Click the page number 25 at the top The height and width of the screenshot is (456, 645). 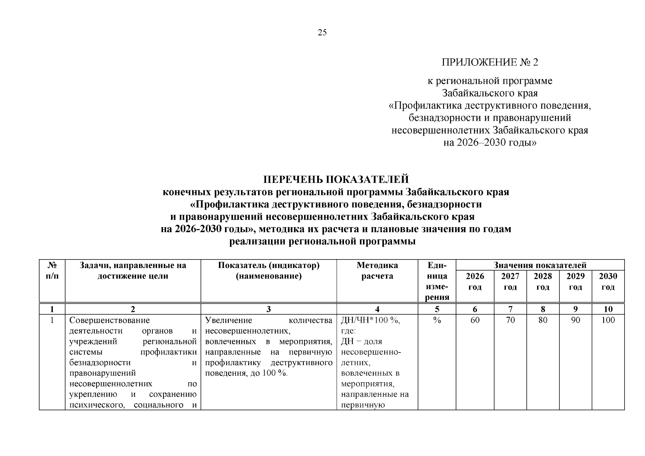(x=322, y=33)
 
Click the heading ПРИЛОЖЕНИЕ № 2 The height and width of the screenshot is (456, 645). (x=490, y=62)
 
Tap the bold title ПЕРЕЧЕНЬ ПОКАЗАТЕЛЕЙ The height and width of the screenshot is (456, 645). (x=336, y=179)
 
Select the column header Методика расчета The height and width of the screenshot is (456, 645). (x=377, y=271)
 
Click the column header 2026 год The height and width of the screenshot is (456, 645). (x=475, y=281)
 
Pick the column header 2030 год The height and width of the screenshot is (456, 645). (x=608, y=281)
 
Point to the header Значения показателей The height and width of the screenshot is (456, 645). (x=540, y=265)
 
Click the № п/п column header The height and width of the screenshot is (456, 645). (x=52, y=271)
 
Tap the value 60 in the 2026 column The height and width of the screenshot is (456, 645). (x=475, y=320)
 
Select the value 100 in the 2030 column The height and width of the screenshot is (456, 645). (x=608, y=320)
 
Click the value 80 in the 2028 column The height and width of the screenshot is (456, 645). (x=543, y=320)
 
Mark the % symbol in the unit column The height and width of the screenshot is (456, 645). (x=437, y=320)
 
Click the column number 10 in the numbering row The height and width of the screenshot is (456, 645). (x=608, y=309)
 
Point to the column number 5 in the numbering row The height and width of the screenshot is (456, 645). (x=437, y=309)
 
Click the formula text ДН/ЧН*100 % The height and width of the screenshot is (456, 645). (x=370, y=320)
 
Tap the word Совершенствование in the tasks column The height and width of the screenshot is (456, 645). (x=109, y=320)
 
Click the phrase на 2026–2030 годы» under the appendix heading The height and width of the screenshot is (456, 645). (x=490, y=143)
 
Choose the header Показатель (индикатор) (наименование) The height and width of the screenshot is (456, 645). (x=268, y=271)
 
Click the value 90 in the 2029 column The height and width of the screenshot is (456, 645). (x=575, y=320)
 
